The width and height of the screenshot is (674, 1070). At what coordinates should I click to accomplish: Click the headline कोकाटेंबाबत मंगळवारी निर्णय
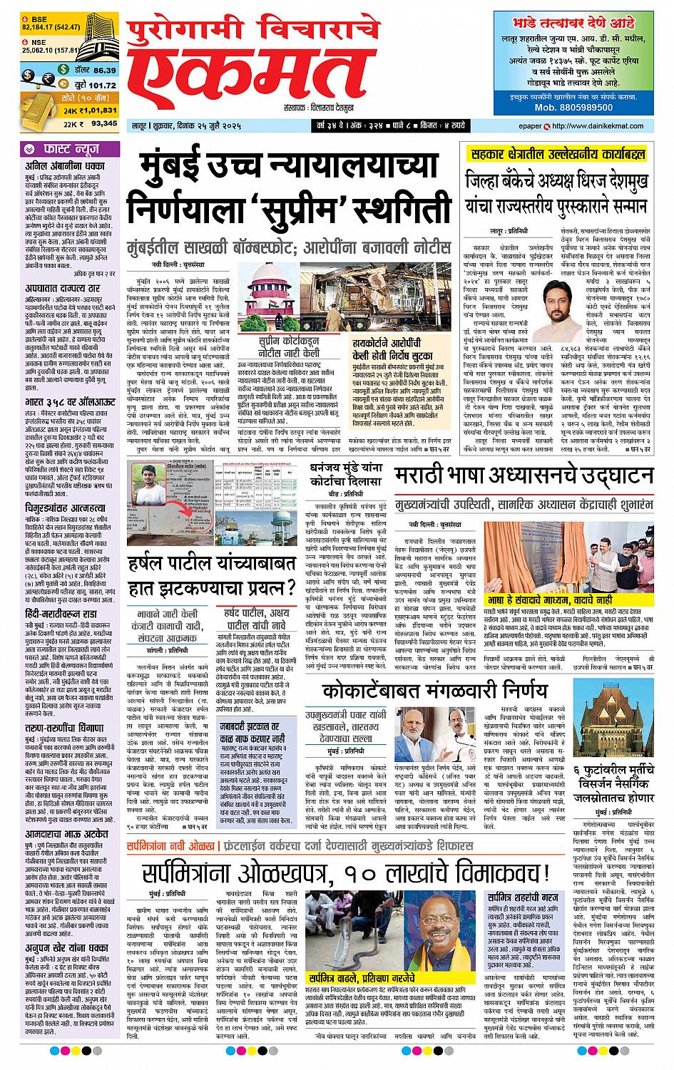[x=434, y=691]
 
